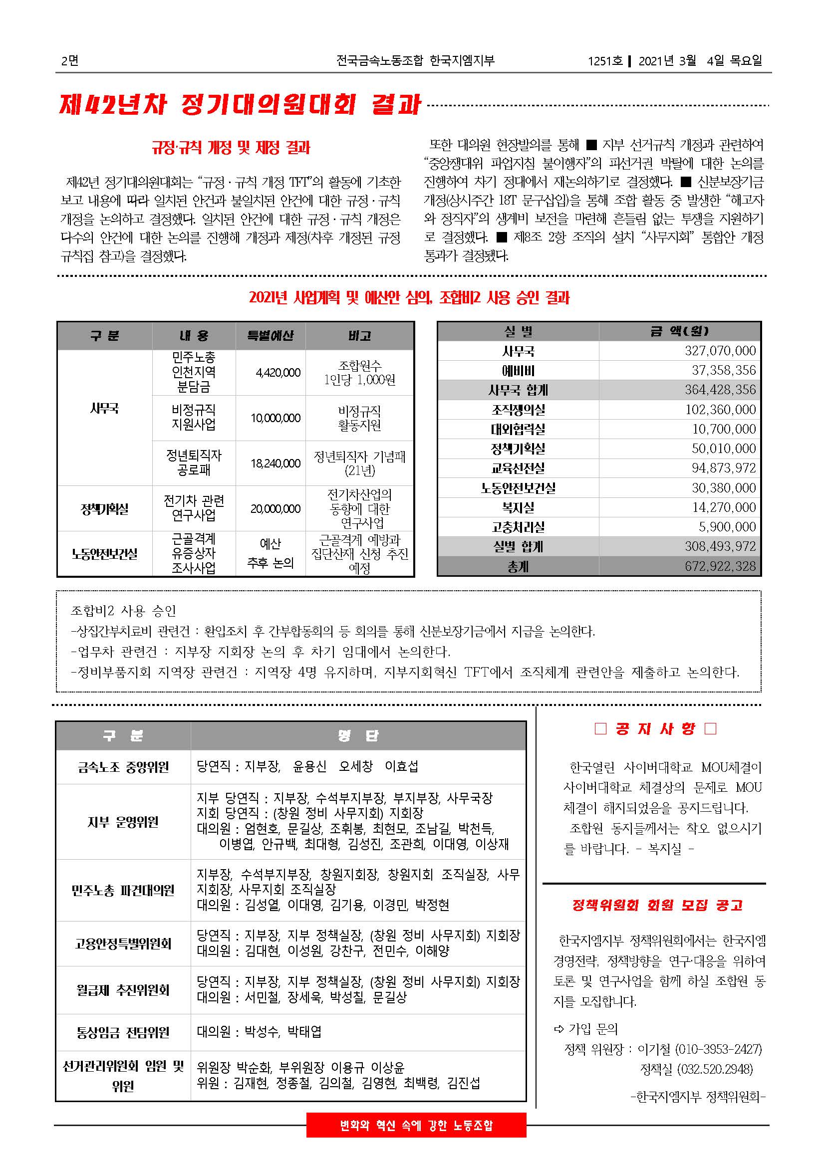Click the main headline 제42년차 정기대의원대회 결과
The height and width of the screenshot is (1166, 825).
point(240,105)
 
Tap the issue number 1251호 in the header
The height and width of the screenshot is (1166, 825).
point(605,61)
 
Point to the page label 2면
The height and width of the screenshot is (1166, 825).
point(69,61)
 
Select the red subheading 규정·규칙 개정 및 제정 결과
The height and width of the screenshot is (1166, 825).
point(231,148)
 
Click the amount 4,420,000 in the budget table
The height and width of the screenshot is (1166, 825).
point(278,373)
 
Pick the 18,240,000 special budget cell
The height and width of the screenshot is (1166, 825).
point(275,464)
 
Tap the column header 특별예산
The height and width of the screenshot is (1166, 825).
point(271,336)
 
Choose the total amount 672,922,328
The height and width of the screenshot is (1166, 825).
point(720,566)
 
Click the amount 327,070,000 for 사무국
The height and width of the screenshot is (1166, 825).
point(720,351)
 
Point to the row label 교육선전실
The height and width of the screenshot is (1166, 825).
point(518,468)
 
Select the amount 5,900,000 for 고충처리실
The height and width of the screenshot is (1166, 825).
point(727,527)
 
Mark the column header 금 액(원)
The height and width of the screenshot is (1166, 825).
point(679,332)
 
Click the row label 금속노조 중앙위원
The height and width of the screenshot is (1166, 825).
point(123,767)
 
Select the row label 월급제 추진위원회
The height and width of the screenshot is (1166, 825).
point(123,990)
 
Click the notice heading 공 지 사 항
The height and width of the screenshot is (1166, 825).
point(655,729)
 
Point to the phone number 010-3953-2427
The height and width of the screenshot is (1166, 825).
point(718,1049)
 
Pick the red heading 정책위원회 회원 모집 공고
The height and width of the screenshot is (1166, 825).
point(657,905)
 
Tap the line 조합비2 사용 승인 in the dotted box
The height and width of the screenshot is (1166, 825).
point(123,611)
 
